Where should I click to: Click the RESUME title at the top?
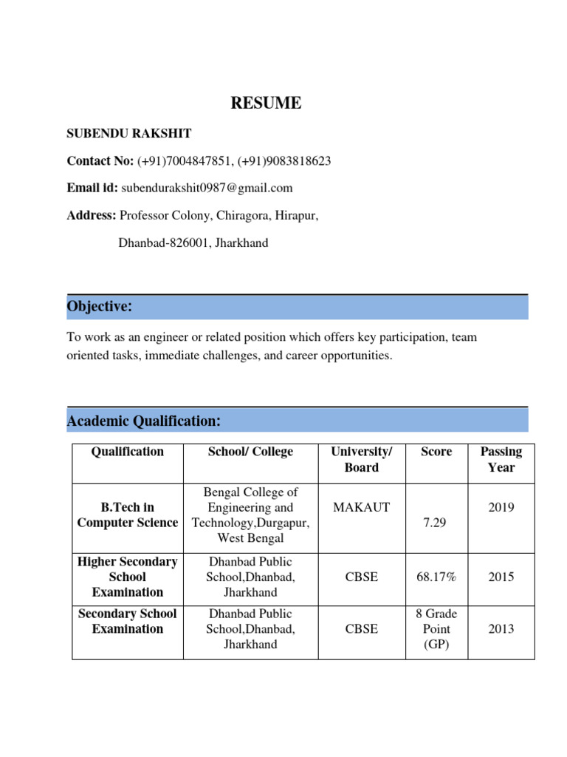point(266,103)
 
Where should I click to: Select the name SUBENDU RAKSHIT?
point(129,134)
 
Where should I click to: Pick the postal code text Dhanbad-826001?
point(165,242)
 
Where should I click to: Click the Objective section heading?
point(100,306)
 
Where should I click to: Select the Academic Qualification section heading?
point(144,421)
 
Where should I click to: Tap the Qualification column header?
point(128,452)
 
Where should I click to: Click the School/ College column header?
point(250,452)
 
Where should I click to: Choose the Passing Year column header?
point(501,459)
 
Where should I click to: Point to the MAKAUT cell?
point(362,508)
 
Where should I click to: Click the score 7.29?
point(436,523)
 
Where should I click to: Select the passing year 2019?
point(501,508)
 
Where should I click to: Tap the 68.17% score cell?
point(436,577)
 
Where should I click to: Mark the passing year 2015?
point(501,577)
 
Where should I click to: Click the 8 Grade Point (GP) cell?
point(436,628)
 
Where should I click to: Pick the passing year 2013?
point(501,628)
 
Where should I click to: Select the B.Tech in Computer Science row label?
point(128,515)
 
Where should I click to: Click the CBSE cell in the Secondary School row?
point(362,628)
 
